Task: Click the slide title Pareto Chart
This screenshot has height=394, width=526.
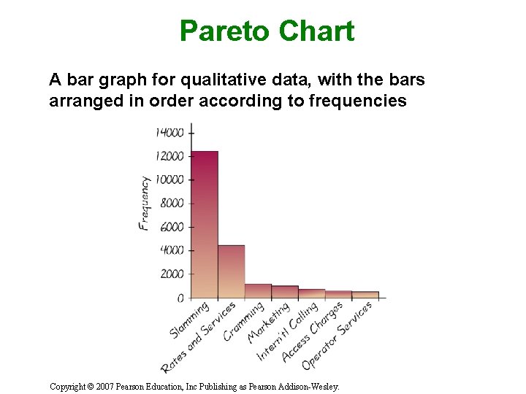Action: click(267, 31)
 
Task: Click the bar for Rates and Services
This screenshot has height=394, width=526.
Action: click(231, 271)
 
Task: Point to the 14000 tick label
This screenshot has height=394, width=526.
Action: click(169, 132)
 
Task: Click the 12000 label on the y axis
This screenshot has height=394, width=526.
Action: click(169, 156)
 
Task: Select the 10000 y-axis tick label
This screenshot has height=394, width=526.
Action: click(169, 179)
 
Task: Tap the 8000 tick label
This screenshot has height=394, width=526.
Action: click(172, 204)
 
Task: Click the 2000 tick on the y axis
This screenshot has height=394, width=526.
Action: click(172, 274)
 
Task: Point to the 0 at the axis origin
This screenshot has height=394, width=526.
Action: click(180, 298)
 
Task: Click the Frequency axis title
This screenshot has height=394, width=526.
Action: click(145, 203)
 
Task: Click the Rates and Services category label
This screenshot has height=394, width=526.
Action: click(199, 337)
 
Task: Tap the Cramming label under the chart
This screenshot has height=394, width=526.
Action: click(243, 321)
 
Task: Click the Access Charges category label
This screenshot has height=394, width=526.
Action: click(312, 332)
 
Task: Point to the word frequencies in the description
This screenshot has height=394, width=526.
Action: click(358, 101)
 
